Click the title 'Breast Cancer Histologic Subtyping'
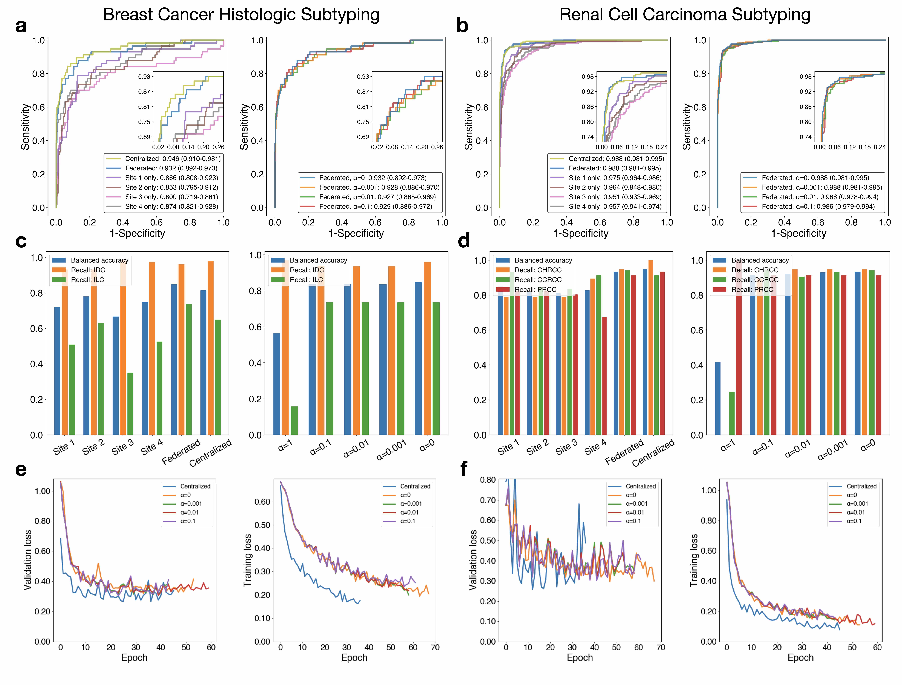point(241,15)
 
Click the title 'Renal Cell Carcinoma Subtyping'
point(685,15)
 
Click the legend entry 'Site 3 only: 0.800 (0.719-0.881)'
point(171,197)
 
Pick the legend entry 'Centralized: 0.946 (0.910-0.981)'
point(172,159)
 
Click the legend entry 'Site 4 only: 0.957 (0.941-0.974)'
point(615,207)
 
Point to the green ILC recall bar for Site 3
point(130,404)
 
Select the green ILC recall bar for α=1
point(294,421)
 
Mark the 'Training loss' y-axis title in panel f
point(694,560)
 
